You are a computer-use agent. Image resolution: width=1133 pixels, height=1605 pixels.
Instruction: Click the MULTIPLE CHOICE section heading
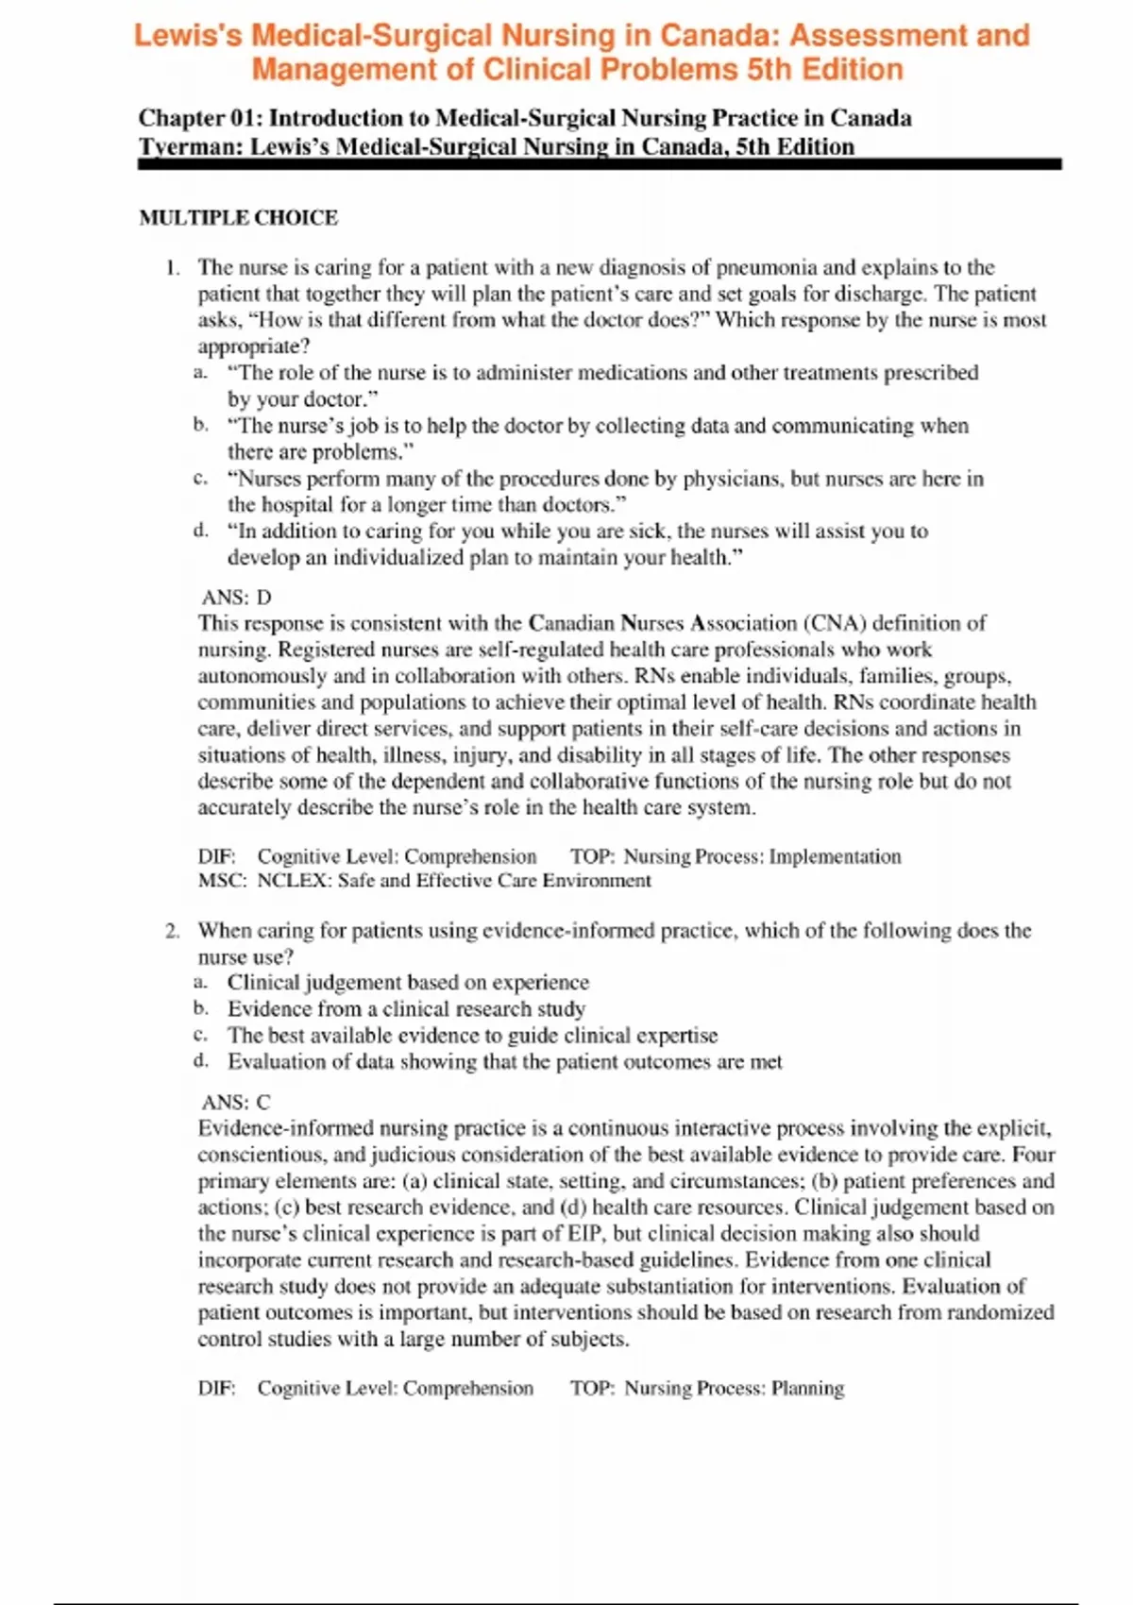click(x=238, y=218)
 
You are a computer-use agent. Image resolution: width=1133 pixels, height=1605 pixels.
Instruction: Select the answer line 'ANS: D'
click(x=236, y=597)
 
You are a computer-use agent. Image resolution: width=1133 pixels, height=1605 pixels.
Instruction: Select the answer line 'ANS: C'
click(x=236, y=1102)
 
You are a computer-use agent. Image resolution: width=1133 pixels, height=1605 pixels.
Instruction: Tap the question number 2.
click(x=172, y=931)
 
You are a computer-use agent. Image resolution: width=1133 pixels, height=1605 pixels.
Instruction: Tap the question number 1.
click(x=172, y=267)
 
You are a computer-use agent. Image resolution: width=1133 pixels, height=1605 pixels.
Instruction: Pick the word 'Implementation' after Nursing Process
click(x=835, y=856)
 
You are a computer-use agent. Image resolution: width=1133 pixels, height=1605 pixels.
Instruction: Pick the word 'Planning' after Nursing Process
click(x=807, y=1388)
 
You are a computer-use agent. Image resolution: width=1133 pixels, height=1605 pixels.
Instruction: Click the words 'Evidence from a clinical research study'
click(x=406, y=1009)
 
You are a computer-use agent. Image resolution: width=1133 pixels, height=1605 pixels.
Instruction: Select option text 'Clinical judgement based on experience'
click(x=408, y=983)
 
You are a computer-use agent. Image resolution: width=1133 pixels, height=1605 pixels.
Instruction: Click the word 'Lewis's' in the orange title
click(x=188, y=36)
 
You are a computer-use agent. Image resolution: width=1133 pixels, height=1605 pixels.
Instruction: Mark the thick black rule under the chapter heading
click(x=600, y=164)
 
